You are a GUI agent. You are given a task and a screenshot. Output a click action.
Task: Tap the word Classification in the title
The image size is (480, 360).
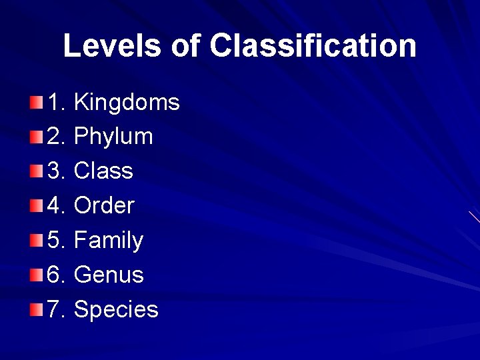[313, 46]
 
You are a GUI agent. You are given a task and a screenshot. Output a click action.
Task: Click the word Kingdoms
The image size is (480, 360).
[127, 103]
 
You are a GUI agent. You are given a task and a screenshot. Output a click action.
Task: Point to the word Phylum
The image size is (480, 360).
[113, 137]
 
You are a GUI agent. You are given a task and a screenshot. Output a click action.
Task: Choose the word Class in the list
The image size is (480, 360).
[103, 171]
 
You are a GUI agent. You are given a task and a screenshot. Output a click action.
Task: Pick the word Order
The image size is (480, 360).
[104, 206]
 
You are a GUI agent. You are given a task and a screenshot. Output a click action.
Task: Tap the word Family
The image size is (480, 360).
[109, 241]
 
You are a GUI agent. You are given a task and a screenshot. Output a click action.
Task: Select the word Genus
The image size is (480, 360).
[109, 275]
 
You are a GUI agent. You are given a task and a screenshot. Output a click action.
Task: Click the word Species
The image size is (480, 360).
[116, 310]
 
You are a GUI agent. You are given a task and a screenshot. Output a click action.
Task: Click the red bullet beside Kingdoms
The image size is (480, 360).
[36, 102]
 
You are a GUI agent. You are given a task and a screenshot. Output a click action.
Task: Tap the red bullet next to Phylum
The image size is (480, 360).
[36, 137]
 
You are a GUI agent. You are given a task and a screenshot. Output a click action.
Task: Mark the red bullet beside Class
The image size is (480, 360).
[36, 171]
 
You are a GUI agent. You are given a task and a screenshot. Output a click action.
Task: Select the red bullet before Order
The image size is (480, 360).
[36, 205]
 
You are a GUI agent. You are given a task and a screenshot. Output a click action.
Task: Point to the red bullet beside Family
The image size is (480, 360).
[36, 240]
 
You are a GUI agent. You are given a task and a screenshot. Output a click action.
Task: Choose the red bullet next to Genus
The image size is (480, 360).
[36, 275]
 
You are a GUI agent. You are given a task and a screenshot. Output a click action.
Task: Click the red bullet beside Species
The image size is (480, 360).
[36, 309]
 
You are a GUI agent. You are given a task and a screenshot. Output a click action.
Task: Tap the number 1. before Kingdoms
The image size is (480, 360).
[56, 103]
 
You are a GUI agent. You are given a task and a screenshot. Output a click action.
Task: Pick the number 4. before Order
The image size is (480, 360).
[56, 206]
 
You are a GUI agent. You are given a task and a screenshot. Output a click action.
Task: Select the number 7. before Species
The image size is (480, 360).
[56, 310]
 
